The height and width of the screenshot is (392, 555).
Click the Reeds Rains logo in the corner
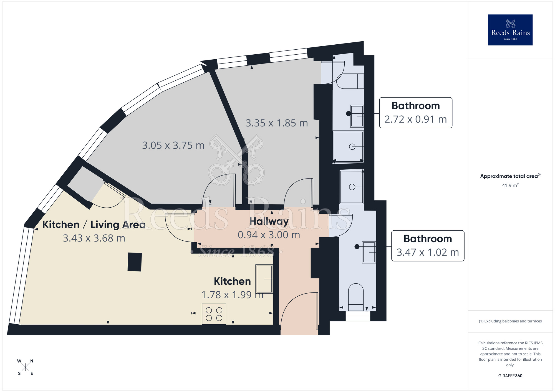coord(510,30)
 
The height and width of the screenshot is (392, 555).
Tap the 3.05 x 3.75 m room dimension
coord(173,145)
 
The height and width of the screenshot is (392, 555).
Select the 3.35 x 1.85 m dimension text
coord(277,123)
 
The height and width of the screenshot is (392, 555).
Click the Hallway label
coord(269,221)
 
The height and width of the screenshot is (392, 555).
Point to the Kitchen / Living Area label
coord(94,225)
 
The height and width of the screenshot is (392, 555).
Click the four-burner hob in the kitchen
coord(214,314)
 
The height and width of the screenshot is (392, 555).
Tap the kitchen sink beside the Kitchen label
coord(264,279)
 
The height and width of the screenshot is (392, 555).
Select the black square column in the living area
coord(135,262)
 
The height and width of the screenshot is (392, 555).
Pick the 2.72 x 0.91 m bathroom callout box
coord(415,113)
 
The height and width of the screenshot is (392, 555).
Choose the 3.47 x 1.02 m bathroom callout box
coord(428,246)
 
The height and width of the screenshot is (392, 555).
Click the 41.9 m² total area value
coord(510,185)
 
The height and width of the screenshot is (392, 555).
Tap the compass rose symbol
coord(25,367)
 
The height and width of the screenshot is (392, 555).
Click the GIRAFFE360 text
coord(510,376)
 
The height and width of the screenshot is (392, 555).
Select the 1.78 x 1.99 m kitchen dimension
coord(232,295)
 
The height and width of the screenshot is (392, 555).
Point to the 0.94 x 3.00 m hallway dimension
coord(269,235)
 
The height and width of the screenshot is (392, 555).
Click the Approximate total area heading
coord(510,176)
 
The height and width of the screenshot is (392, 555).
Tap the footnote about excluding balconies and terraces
coord(510,321)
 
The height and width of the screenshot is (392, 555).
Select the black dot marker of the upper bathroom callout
coord(349,113)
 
